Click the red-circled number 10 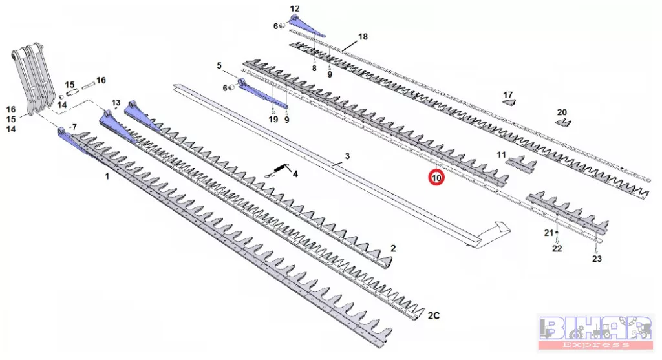coord(436,178)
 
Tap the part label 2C coord(434,315)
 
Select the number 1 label coord(107,176)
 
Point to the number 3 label coord(347,156)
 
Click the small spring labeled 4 coord(276,171)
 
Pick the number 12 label coord(295,8)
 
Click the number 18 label coord(363,37)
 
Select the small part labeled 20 coord(563,123)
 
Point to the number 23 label coord(597,259)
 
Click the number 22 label coord(557,249)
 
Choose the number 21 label coord(548,233)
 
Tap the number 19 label coord(273,120)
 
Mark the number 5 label coord(219,65)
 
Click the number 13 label coord(116,103)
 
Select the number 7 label coord(75,127)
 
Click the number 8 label coord(314,69)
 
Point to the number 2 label coord(393,248)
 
